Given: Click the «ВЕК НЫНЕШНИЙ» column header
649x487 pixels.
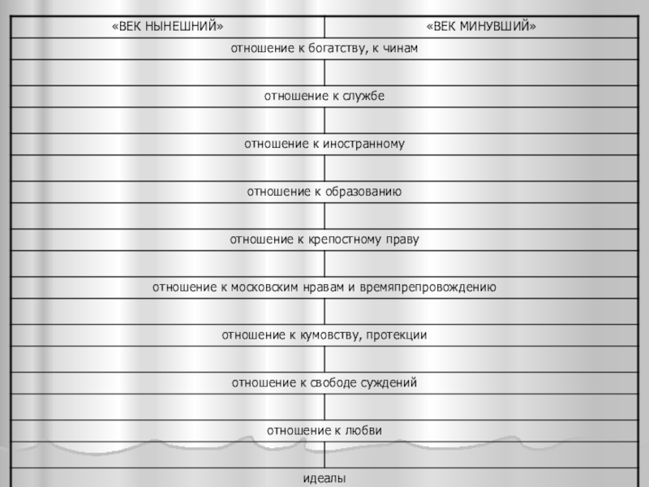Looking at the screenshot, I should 167,27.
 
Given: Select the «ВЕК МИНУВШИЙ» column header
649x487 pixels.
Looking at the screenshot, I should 484,27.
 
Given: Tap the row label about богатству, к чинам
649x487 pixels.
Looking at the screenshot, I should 324,50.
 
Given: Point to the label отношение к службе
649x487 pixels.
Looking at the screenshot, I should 324,97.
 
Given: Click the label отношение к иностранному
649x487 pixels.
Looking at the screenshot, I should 324,144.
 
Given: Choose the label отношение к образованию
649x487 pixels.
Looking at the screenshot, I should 324,192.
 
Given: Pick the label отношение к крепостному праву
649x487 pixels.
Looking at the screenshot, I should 324,240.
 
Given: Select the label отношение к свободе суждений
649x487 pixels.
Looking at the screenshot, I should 324,383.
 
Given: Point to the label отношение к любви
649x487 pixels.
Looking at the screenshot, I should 324,430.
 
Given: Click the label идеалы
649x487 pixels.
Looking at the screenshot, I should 324,479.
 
